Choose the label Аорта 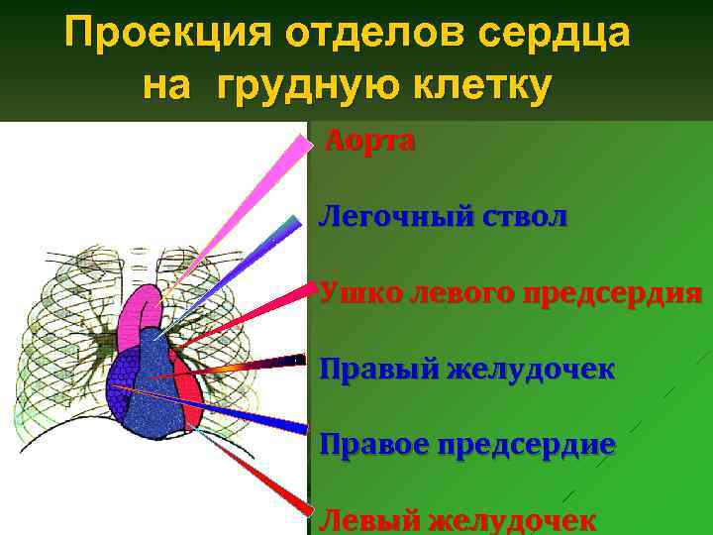pyautogui.click(x=370, y=142)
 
